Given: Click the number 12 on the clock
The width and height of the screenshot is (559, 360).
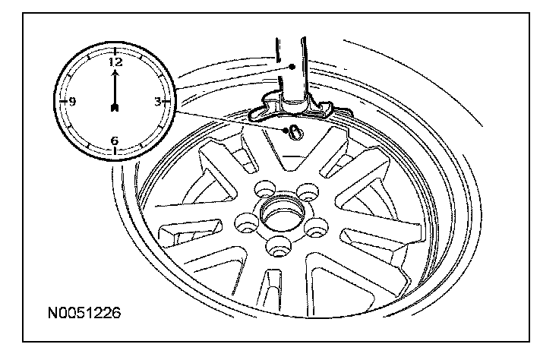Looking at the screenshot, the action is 115,62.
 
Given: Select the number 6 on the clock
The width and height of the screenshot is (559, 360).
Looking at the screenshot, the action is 115,140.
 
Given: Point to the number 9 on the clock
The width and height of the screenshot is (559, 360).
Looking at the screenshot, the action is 71,101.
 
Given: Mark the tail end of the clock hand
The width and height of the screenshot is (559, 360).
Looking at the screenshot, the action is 115,109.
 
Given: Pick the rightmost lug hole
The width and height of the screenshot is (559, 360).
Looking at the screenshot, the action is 317,224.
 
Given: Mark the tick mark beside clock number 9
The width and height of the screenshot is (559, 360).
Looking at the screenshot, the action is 62,101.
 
